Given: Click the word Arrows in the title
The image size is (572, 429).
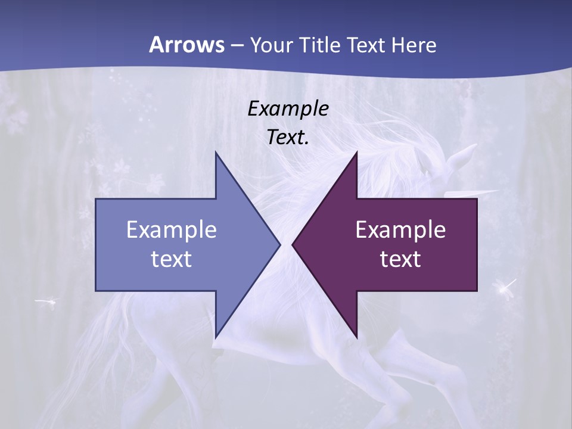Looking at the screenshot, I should tap(186, 45).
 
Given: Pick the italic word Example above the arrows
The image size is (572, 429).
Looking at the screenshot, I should tap(288, 109).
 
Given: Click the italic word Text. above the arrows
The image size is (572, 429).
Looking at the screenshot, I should tap(288, 138).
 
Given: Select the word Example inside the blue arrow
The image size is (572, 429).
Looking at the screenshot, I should tap(171, 230).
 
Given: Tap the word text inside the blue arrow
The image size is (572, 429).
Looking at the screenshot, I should tap(171, 259).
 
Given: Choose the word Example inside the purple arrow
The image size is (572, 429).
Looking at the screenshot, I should tap(400, 230).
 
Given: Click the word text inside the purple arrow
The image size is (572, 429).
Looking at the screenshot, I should tap(400, 259).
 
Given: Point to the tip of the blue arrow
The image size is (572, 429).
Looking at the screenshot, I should tap(279, 244).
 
